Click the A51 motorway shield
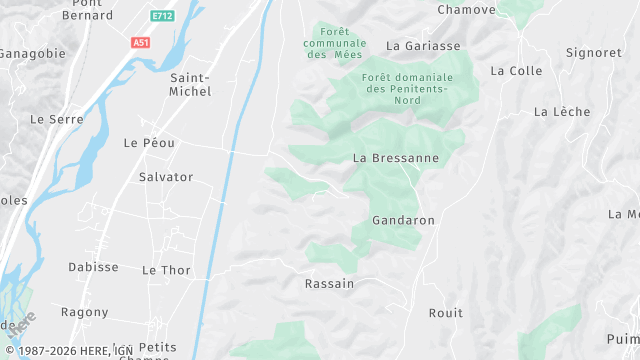pyautogui.click(x=141, y=42)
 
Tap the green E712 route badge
pyautogui.click(x=162, y=16)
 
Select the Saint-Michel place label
pyautogui.click(x=191, y=84)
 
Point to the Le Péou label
pyautogui.click(x=149, y=143)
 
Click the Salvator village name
pyautogui.click(x=166, y=177)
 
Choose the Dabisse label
pyautogui.click(x=93, y=267)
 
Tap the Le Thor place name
pyautogui.click(x=166, y=270)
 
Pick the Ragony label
pyautogui.click(x=84, y=312)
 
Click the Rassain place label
pyautogui.click(x=329, y=284)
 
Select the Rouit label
pyautogui.click(x=446, y=313)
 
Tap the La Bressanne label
pyautogui.click(x=396, y=158)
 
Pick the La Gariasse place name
pyautogui.click(x=423, y=46)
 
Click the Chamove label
pyautogui.click(x=466, y=10)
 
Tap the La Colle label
pyautogui.click(x=516, y=71)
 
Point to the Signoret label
pyautogui.click(x=594, y=53)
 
